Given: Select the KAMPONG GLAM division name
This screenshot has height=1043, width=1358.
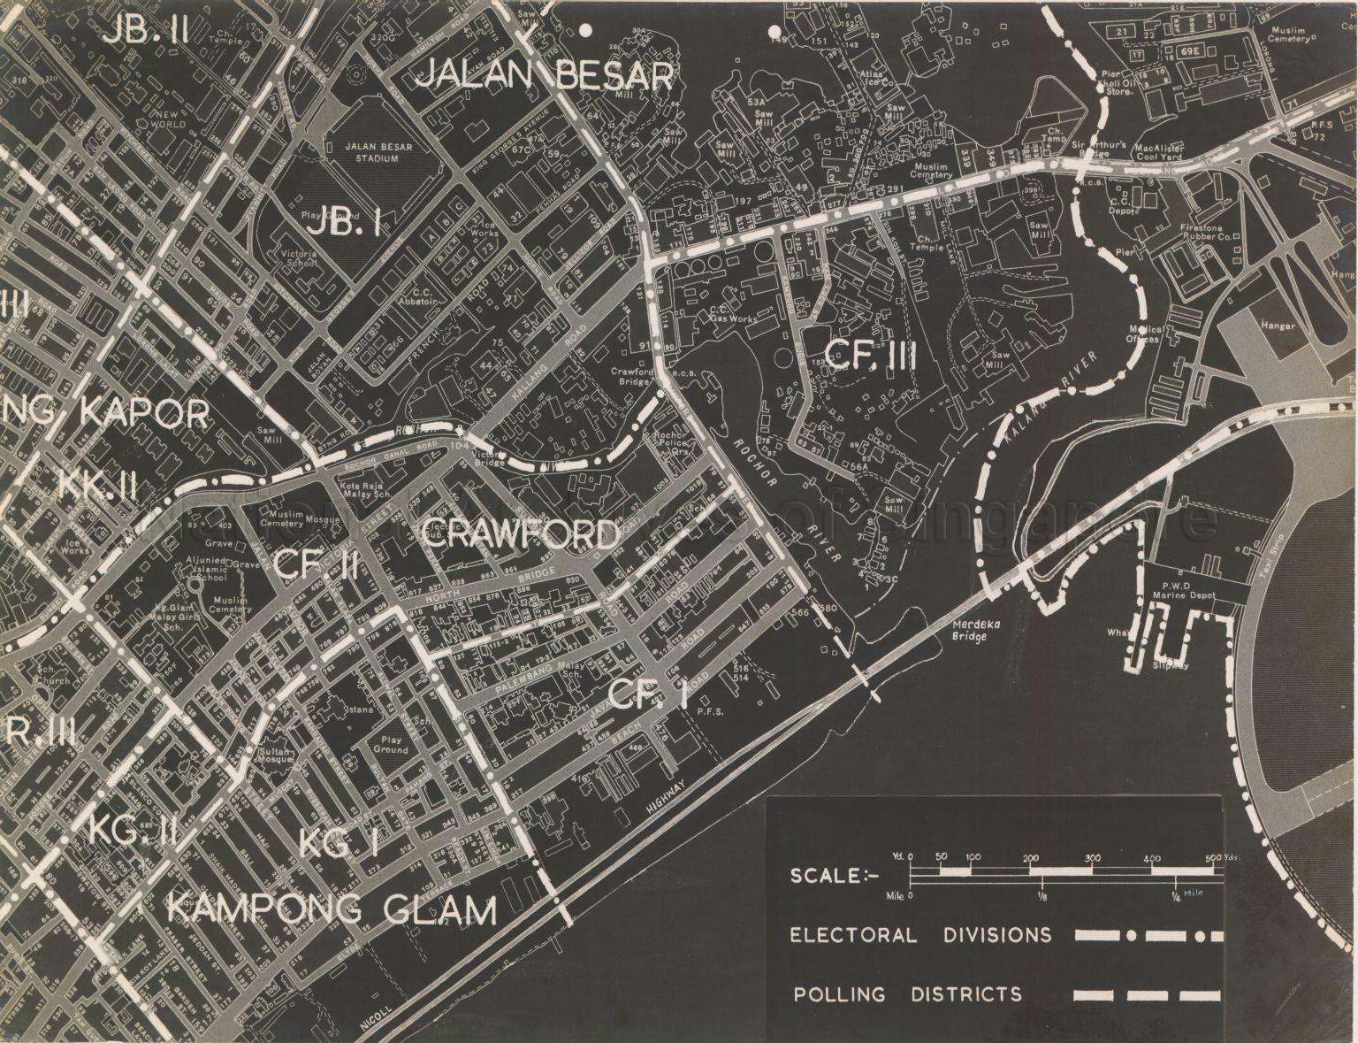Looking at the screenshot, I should [332, 909].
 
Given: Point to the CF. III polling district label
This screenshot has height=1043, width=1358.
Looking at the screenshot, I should [870, 357].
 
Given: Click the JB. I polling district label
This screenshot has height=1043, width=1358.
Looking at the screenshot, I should [344, 226].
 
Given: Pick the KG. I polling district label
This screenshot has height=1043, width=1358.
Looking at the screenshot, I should [339, 843].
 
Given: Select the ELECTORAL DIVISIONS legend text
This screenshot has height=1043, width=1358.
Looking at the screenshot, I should [920, 935].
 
